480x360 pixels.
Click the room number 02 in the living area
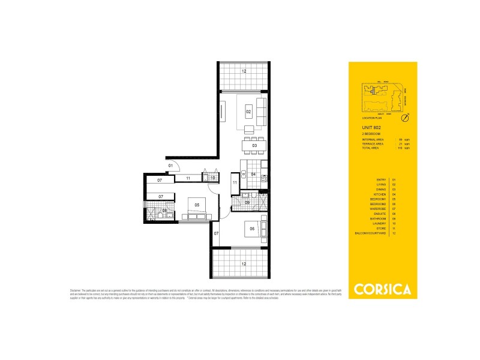pos(248,112)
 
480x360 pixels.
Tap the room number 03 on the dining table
pos(254,145)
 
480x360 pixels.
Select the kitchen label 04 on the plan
pos(254,175)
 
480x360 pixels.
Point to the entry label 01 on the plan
pos(170,165)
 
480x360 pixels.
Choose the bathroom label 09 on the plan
pos(247,203)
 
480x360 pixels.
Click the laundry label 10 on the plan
pos(212,178)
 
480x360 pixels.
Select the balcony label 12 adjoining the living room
pos(244,71)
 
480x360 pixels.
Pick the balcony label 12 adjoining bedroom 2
pos(243,263)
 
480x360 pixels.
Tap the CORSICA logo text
pos(383,290)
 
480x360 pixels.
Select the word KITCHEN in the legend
pos(382,194)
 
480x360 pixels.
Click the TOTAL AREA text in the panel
pos(362,148)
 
